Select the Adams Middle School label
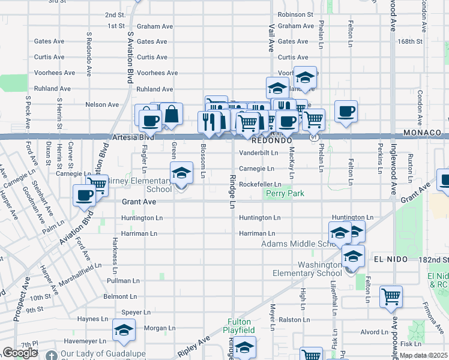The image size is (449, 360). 301,244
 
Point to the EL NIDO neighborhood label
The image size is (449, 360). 391,259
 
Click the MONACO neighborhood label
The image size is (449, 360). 422,132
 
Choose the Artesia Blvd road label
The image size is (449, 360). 133,137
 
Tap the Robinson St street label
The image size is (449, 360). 295,14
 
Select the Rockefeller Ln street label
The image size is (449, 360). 260,184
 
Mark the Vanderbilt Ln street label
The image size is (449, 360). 258,153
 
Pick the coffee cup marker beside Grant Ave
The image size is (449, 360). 84,194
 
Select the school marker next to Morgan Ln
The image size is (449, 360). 124,330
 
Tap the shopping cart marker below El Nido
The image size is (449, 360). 391,296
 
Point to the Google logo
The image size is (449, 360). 20,353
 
